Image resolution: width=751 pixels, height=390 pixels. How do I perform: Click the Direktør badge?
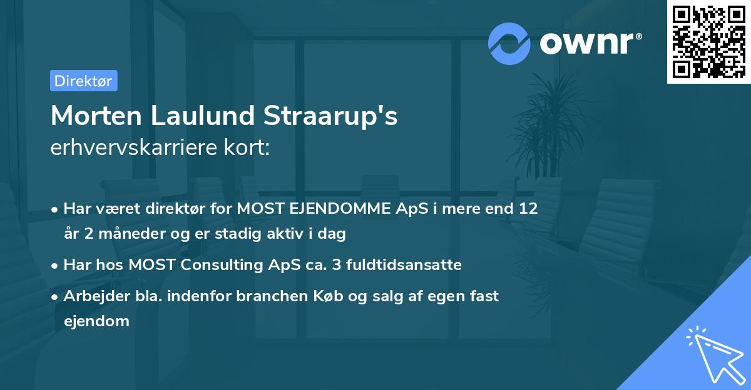83,81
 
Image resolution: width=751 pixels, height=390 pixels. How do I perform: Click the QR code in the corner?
708,41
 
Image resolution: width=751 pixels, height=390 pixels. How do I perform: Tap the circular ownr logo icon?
509,43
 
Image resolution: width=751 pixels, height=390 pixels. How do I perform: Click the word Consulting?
223,265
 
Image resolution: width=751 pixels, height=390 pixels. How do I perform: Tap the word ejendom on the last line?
96,321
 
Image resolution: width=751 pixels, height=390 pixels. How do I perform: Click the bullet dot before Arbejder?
56,297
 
